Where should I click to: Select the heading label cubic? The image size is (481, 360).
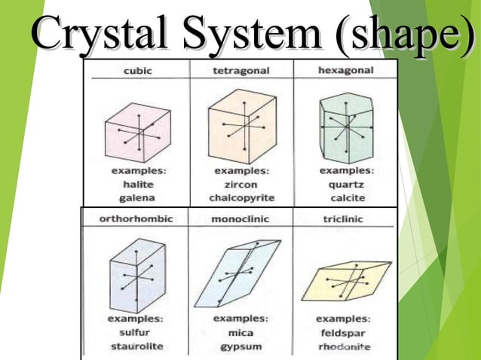pos(136,71)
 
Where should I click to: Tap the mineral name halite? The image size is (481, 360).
pos(136,185)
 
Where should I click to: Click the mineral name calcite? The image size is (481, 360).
pos(346,197)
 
